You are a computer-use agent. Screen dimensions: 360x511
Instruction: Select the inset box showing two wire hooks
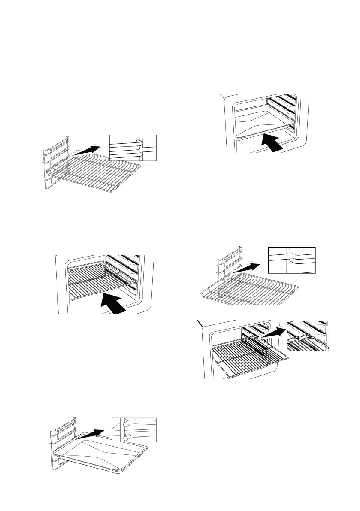(x=133, y=148)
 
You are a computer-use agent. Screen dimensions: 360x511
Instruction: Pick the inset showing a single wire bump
(x=291, y=260)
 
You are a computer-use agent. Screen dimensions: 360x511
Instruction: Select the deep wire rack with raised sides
(x=249, y=292)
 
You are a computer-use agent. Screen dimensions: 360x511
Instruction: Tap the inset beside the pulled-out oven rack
(x=308, y=336)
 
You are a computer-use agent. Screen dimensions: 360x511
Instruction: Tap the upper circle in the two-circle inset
(x=125, y=423)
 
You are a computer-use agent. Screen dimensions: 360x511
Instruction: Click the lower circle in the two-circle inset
(x=125, y=437)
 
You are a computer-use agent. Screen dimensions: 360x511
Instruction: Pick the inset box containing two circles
(x=134, y=429)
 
